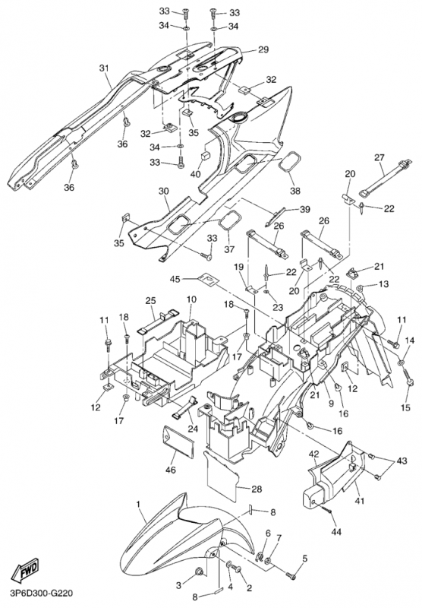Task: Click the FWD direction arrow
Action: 27,570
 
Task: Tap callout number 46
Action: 170,470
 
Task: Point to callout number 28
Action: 256,489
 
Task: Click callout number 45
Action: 175,278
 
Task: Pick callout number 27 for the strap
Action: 379,157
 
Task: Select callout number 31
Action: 104,68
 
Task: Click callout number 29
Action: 263,49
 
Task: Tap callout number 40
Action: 196,174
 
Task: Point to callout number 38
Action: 295,191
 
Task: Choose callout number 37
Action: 229,249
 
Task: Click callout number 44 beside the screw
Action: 336,531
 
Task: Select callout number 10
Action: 191,299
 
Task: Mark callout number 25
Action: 150,300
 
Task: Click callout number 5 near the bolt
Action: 305,559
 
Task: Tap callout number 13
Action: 383,284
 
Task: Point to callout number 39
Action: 305,210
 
